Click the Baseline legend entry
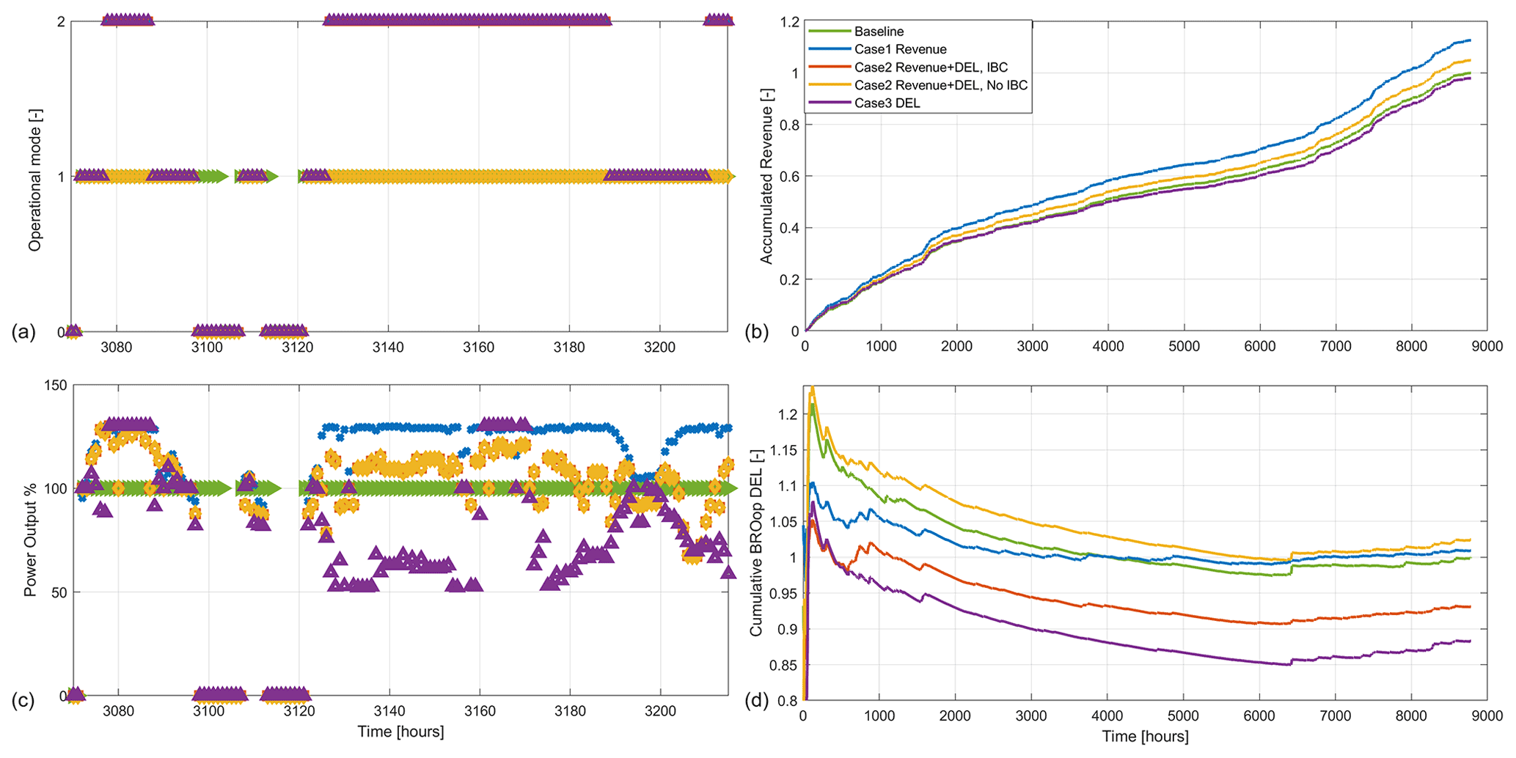click(x=879, y=32)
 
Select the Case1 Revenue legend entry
click(x=900, y=49)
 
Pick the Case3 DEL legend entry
click(x=887, y=103)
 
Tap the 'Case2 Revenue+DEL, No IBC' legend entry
click(x=940, y=85)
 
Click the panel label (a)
click(x=23, y=332)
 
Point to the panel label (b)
click(x=757, y=332)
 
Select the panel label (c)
click(x=23, y=700)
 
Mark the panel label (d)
click(x=757, y=700)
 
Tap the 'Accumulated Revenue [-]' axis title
click(x=766, y=176)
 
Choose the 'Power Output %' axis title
click(x=31, y=540)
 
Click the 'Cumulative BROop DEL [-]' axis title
click(x=755, y=542)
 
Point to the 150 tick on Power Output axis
click(x=56, y=386)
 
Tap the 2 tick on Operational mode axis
click(x=62, y=22)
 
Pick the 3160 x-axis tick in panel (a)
click(x=478, y=347)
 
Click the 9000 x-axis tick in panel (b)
click(x=1487, y=347)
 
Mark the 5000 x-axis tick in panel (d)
click(x=1183, y=715)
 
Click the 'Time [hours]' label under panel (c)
click(x=400, y=732)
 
